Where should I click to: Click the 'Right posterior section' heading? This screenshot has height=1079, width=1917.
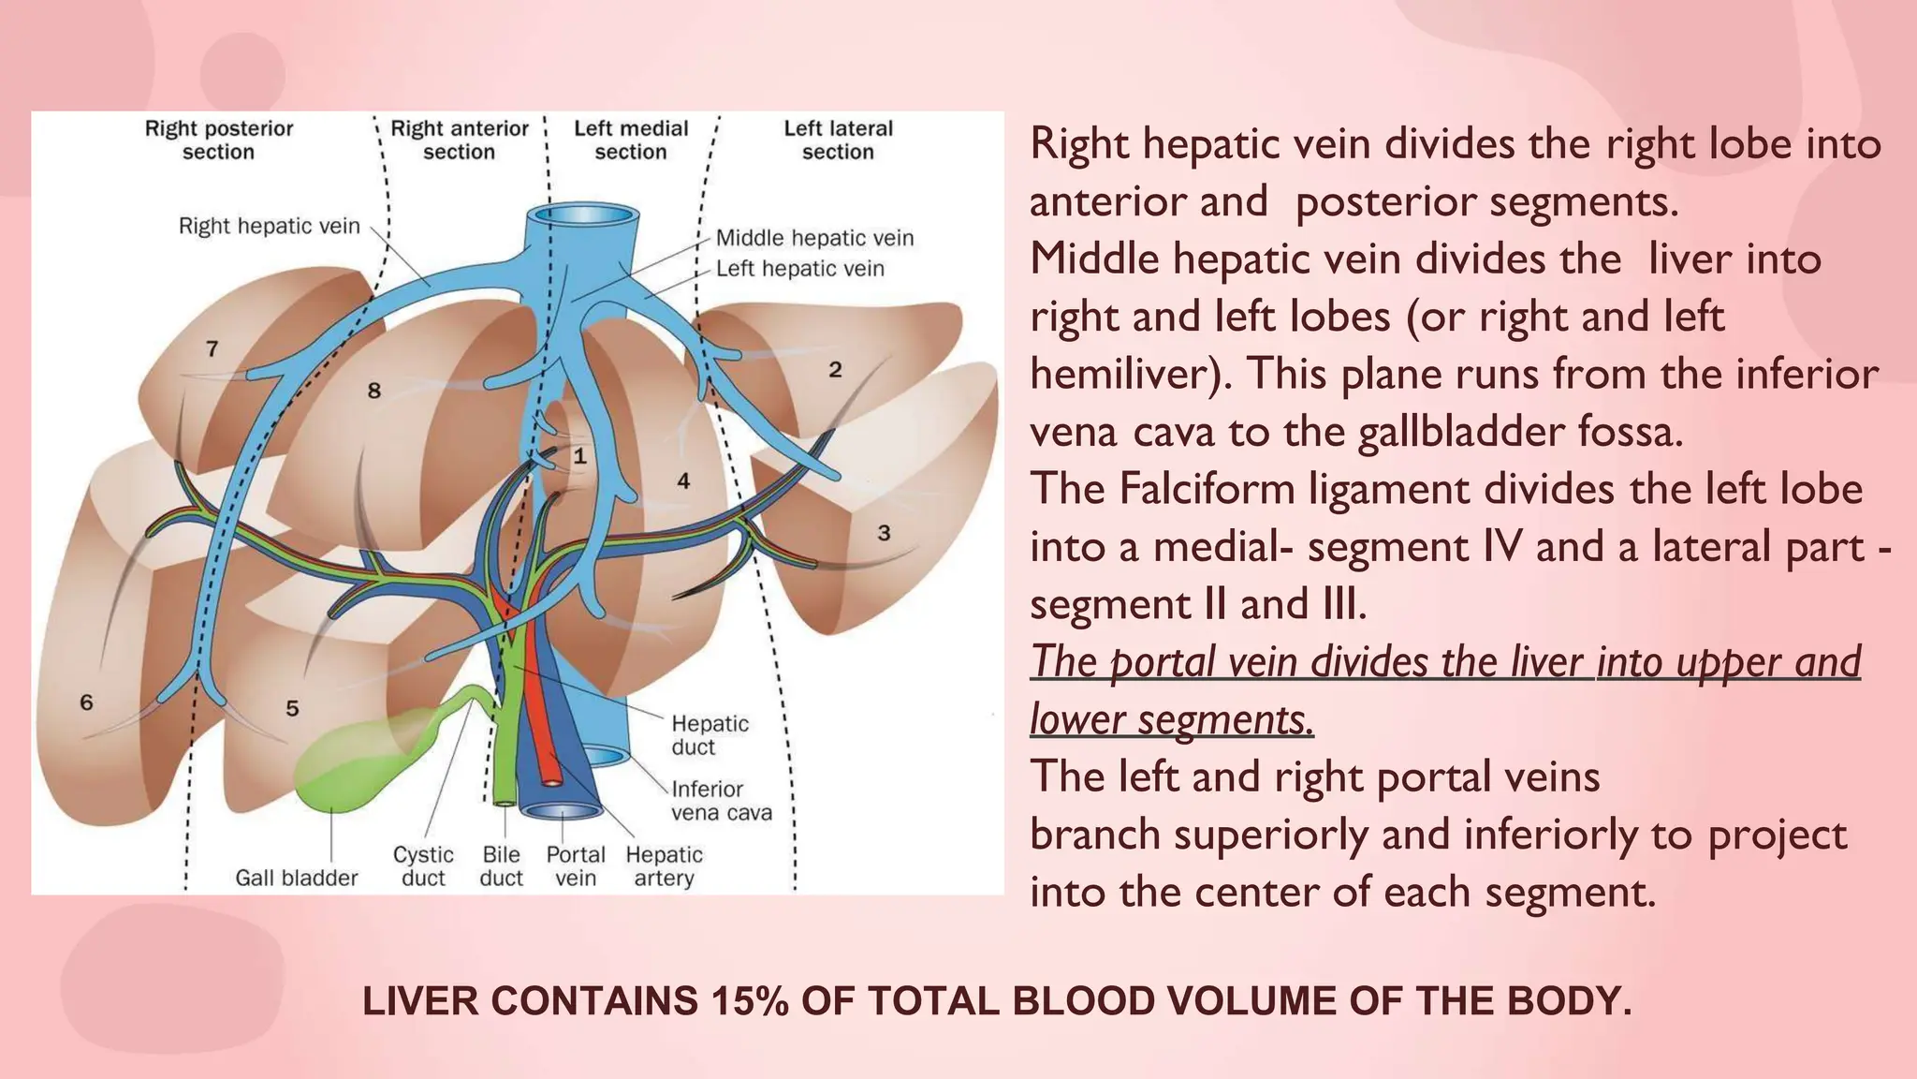(218, 140)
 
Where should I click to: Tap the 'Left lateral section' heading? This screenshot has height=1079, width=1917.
(838, 140)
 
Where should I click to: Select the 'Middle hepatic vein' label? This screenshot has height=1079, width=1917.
(814, 238)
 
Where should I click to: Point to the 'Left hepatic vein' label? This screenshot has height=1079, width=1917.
(799, 269)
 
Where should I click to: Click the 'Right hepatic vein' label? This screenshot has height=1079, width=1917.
(269, 226)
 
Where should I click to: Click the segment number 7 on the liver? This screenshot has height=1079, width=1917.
(212, 348)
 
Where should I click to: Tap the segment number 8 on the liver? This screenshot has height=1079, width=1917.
(374, 391)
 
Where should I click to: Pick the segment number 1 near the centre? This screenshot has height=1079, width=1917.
(580, 456)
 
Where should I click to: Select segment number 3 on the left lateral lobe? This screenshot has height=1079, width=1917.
(884, 533)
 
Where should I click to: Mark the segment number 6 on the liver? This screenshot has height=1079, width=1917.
(86, 702)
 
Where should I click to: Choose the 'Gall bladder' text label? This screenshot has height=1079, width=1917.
(296, 878)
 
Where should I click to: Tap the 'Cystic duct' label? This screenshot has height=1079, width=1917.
(423, 865)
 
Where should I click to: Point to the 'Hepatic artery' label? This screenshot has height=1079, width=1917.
(664, 865)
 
